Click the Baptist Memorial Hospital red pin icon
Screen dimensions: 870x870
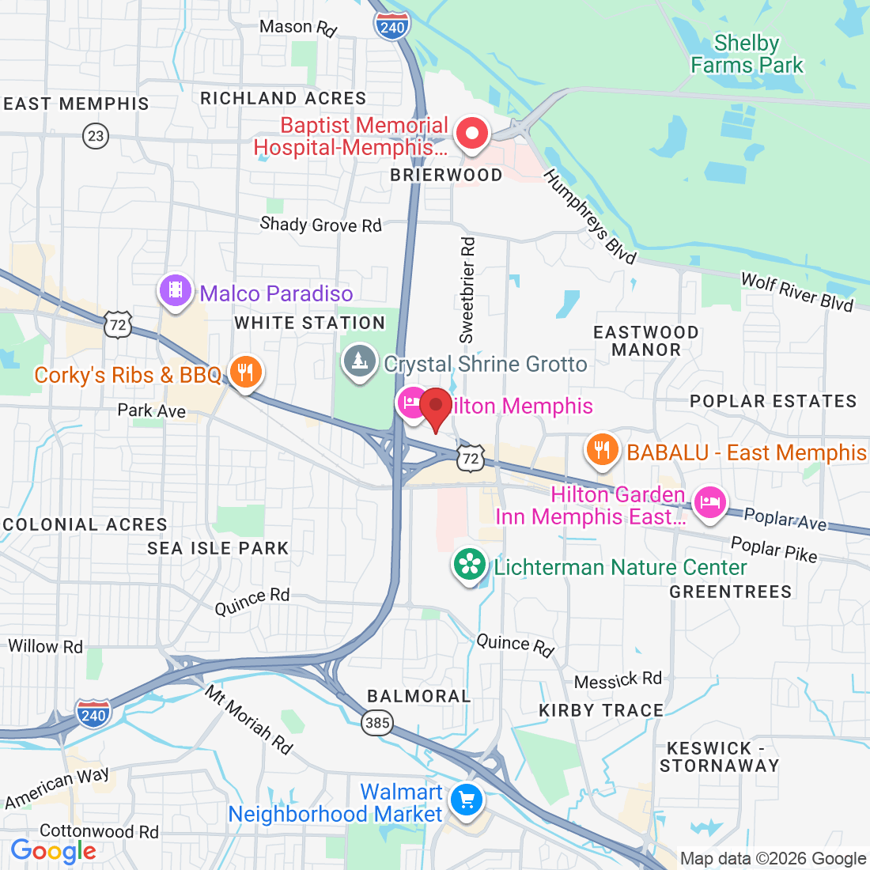coord(472,133)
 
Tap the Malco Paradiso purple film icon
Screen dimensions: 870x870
coord(176,290)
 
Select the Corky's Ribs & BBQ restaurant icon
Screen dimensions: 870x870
coord(245,370)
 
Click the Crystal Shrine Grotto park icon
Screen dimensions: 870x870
coord(360,361)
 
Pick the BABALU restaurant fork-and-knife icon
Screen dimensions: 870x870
coord(602,450)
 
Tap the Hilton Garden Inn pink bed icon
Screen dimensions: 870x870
coord(709,502)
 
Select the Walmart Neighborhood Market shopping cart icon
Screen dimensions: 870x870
coord(466,800)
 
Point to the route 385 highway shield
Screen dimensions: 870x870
coord(378,722)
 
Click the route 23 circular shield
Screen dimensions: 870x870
coord(96,136)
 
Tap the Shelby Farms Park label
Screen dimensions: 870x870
coord(747,54)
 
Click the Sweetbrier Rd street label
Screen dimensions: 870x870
coord(468,289)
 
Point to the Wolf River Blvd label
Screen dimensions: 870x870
coord(796,292)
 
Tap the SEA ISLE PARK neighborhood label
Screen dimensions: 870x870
coord(218,548)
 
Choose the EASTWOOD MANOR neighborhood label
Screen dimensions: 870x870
coord(646,341)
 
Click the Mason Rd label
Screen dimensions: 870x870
coord(298,28)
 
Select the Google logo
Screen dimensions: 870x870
coord(54,851)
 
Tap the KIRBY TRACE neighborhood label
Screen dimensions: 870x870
coord(601,710)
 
